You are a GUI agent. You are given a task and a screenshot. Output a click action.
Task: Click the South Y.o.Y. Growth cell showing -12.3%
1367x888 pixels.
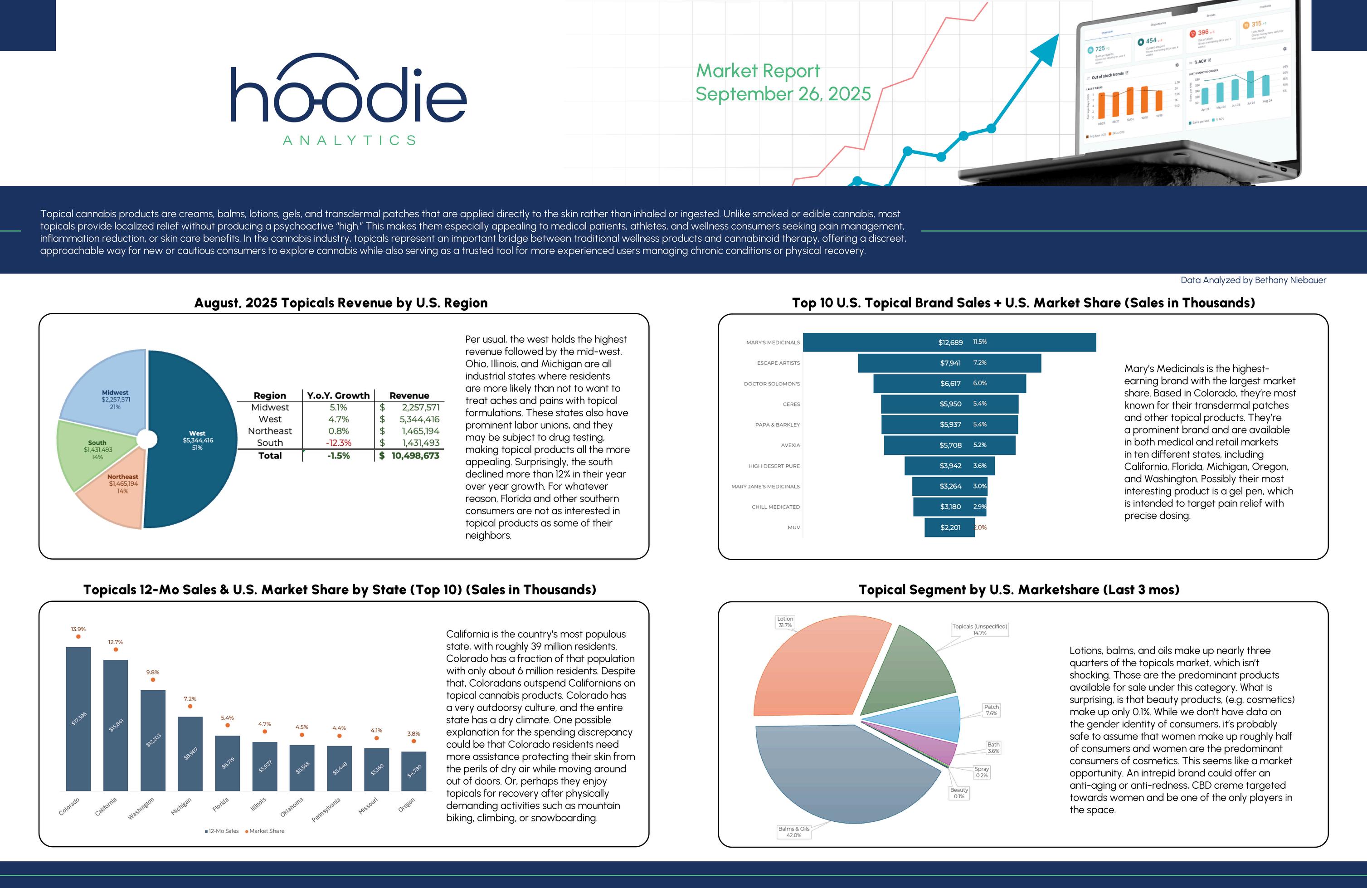pyautogui.click(x=338, y=443)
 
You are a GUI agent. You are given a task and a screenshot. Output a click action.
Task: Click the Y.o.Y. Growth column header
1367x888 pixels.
pyautogui.click(x=338, y=395)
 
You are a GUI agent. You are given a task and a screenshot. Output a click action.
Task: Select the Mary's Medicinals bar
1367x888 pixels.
pyautogui.click(x=949, y=342)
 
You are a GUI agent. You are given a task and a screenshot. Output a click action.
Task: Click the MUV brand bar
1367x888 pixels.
pyautogui.click(x=949, y=527)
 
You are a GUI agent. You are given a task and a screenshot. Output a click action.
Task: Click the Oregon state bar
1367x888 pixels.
pyautogui.click(x=414, y=771)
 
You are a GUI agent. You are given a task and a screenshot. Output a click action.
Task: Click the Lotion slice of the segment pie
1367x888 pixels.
pyautogui.click(x=816, y=672)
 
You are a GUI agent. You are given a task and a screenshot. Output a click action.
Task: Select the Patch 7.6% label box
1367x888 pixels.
pyautogui.click(x=992, y=710)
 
